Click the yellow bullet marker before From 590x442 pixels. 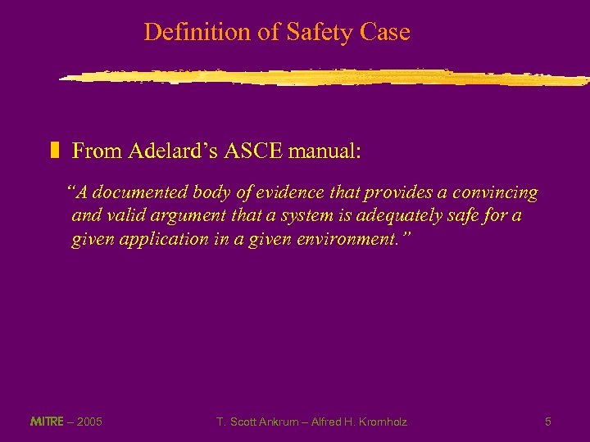pyautogui.click(x=56, y=151)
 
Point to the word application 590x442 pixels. pyautogui.click(x=212, y=239)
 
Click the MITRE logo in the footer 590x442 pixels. pyautogui.click(x=46, y=422)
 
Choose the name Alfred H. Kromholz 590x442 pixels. pyautogui.click(x=360, y=422)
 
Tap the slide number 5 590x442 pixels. pyautogui.click(x=547, y=422)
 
